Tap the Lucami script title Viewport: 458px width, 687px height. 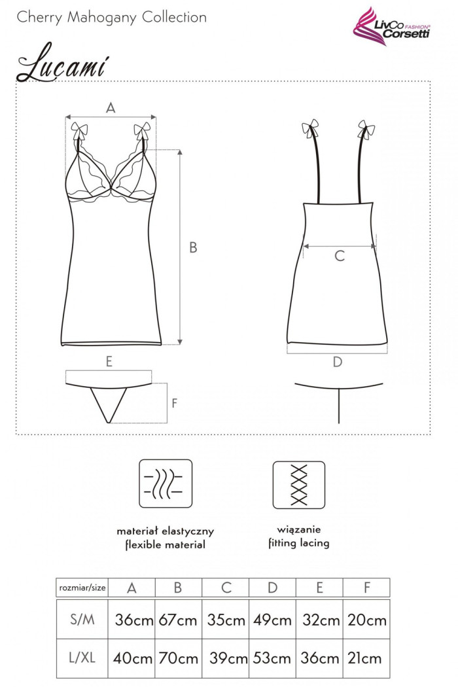pos(62,63)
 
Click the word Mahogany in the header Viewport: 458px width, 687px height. pos(102,18)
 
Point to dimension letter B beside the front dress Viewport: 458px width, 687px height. pos(193,247)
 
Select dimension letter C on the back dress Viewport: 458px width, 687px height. pos(340,256)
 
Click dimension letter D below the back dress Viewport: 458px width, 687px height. pos(337,362)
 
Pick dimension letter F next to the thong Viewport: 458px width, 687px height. pos(175,403)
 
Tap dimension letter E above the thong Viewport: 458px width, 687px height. pos(109,361)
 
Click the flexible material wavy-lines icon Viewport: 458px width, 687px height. pos(166,484)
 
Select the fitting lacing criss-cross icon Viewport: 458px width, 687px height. pos(299,485)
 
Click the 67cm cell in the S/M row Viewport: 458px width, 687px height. pos(178,620)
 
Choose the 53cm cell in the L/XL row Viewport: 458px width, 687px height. pos(272,658)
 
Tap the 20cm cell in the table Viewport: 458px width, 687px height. pos(367,620)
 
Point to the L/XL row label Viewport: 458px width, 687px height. pos(82,658)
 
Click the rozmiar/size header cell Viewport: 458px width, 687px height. pos(82,588)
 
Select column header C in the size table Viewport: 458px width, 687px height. pos(226,588)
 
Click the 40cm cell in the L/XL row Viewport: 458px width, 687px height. pos(132,658)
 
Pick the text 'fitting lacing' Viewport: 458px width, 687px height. pos(299,543)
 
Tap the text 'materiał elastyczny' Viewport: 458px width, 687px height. pos(166,531)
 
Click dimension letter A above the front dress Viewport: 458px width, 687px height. pos(111,107)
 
